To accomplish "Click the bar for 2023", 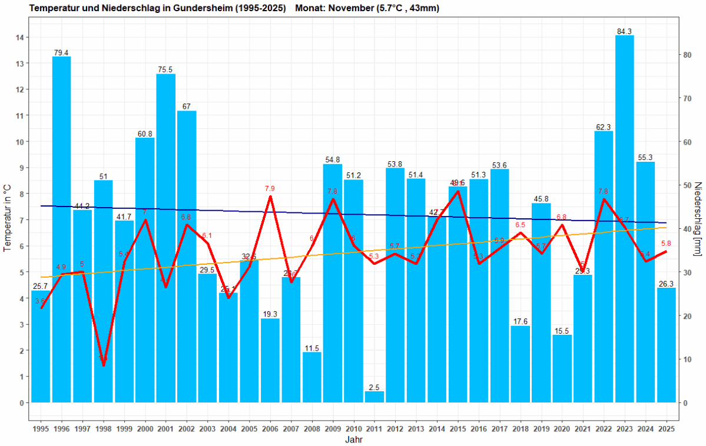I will click(x=624, y=218).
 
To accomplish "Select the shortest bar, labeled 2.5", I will click(x=374, y=397).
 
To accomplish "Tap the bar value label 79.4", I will click(x=61, y=52).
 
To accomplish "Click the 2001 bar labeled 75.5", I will click(x=165, y=235).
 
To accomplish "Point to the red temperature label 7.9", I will click(x=270, y=188).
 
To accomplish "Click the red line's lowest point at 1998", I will click(x=104, y=365).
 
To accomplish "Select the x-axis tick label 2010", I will click(x=353, y=428).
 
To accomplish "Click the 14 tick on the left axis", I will click(x=20, y=38).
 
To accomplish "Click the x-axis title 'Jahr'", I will click(x=353, y=440).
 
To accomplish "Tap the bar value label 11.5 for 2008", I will click(x=311, y=348).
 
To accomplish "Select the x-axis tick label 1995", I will click(x=41, y=428).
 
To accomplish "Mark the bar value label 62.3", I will click(x=604, y=127).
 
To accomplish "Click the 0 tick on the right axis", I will click(x=684, y=403).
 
